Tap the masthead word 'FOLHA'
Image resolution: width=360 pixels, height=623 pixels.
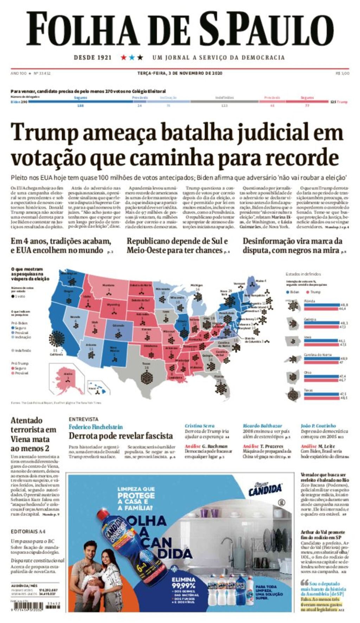tap(83, 29)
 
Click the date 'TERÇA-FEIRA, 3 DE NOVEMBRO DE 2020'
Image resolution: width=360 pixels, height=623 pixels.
tap(180, 73)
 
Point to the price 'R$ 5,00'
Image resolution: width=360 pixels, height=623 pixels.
tap(342, 73)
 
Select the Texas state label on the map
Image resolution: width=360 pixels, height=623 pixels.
tap(146, 364)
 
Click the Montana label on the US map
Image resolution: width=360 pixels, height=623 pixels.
tap(108, 285)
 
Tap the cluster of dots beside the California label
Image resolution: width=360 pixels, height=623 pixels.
tap(57, 339)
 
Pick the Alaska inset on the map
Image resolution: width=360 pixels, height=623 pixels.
tap(67, 379)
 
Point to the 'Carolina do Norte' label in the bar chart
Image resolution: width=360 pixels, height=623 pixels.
tap(317, 355)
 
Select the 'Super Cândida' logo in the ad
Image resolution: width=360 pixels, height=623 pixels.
tap(265, 489)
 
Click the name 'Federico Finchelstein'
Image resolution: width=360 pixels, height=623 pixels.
tap(96, 427)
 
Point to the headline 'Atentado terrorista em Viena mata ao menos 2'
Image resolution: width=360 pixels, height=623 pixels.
tap(33, 434)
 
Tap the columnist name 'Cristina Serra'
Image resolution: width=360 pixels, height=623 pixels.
tap(199, 426)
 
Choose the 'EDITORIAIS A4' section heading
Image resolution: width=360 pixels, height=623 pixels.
tap(28, 532)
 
